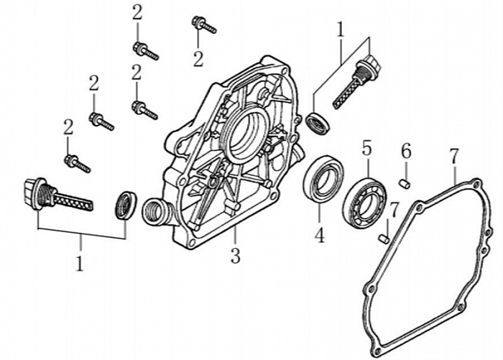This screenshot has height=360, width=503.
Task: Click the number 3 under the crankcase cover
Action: (x=235, y=256)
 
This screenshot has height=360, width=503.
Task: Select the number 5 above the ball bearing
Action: (x=366, y=149)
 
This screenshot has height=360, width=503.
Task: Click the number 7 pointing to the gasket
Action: (x=453, y=155)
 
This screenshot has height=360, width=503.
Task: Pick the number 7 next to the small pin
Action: (x=393, y=209)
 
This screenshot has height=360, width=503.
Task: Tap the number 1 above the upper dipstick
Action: (x=341, y=31)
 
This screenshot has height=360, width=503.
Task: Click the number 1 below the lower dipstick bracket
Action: (x=80, y=262)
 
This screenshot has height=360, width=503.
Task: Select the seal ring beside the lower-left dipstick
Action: (x=126, y=204)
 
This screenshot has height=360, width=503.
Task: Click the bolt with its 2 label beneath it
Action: (x=203, y=26)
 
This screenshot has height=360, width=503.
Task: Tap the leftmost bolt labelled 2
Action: (x=76, y=163)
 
